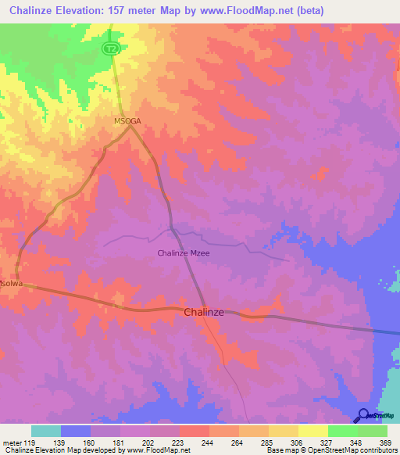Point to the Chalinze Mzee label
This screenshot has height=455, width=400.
pos(184,253)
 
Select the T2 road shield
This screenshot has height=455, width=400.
pos(110,48)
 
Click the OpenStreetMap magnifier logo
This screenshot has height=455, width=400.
pos(363,417)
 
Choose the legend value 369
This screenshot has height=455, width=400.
pos(385,442)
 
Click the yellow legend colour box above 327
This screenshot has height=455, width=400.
pos(312,431)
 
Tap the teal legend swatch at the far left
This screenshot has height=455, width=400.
pos(46,431)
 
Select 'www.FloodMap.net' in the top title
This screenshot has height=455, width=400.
pos(250,10)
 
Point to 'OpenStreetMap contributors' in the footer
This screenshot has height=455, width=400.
pos(352,450)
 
